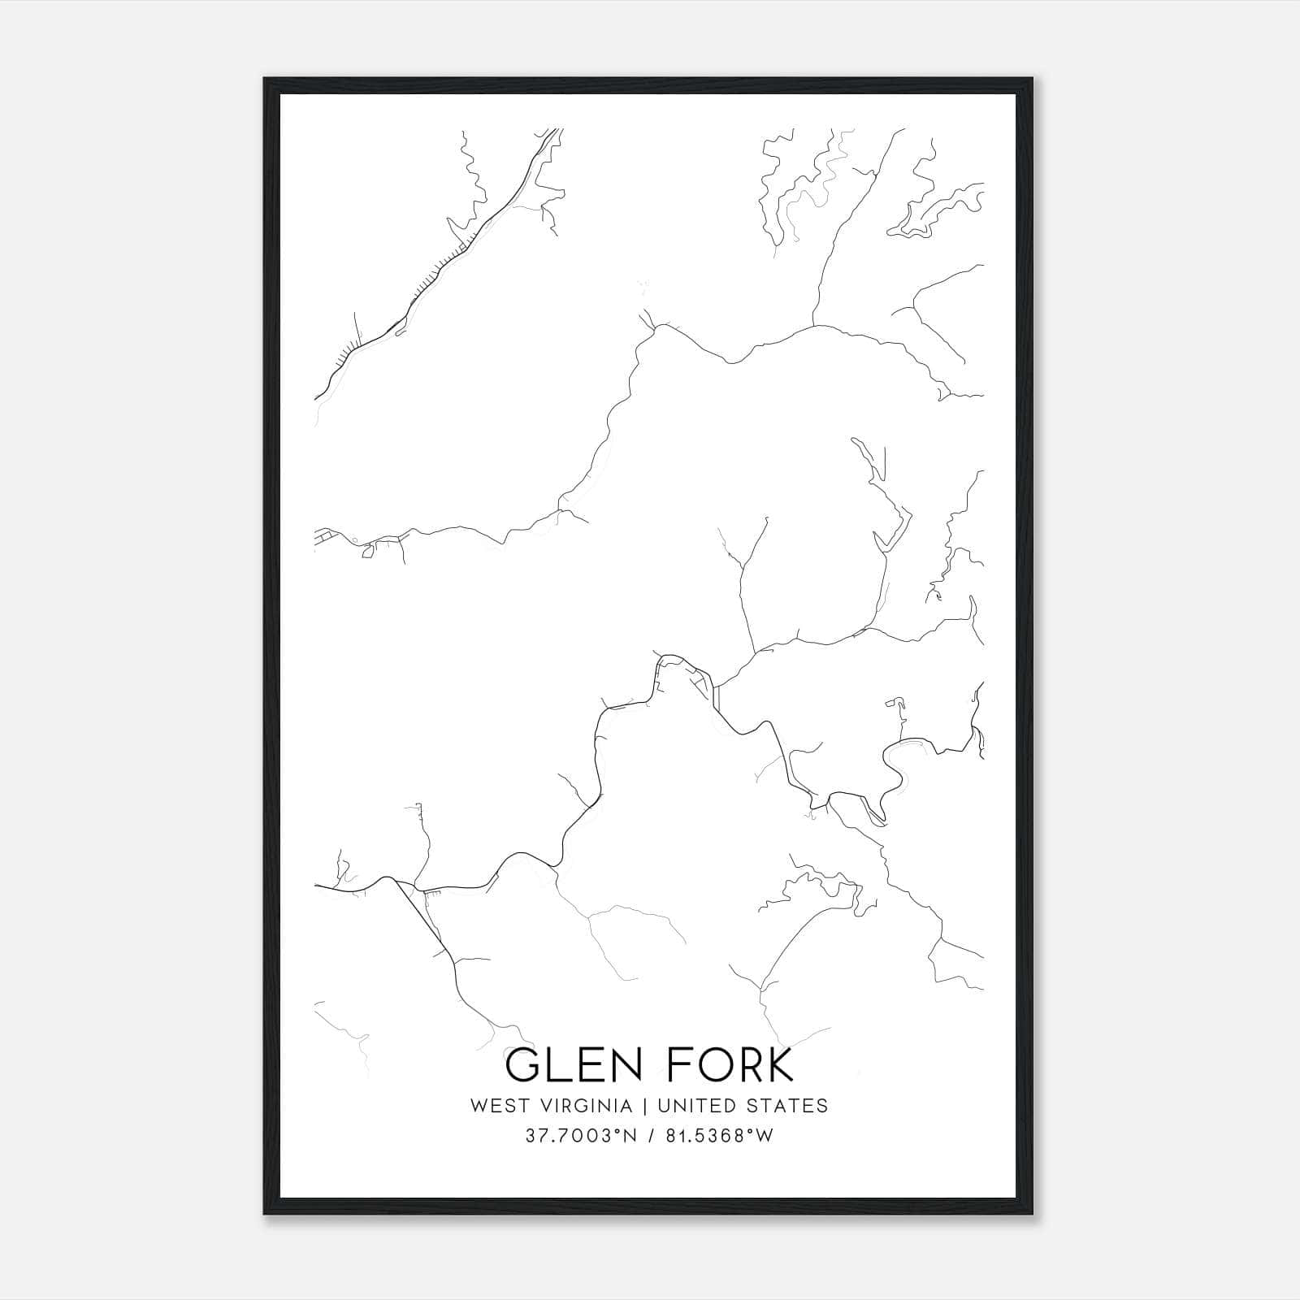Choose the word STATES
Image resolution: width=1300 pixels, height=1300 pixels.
(788, 1106)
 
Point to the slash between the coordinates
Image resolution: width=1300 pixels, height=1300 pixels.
(649, 1136)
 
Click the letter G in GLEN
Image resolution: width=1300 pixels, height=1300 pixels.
(522, 1065)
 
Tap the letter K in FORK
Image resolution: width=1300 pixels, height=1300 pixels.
(778, 1065)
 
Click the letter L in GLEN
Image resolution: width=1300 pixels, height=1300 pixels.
(556, 1065)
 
